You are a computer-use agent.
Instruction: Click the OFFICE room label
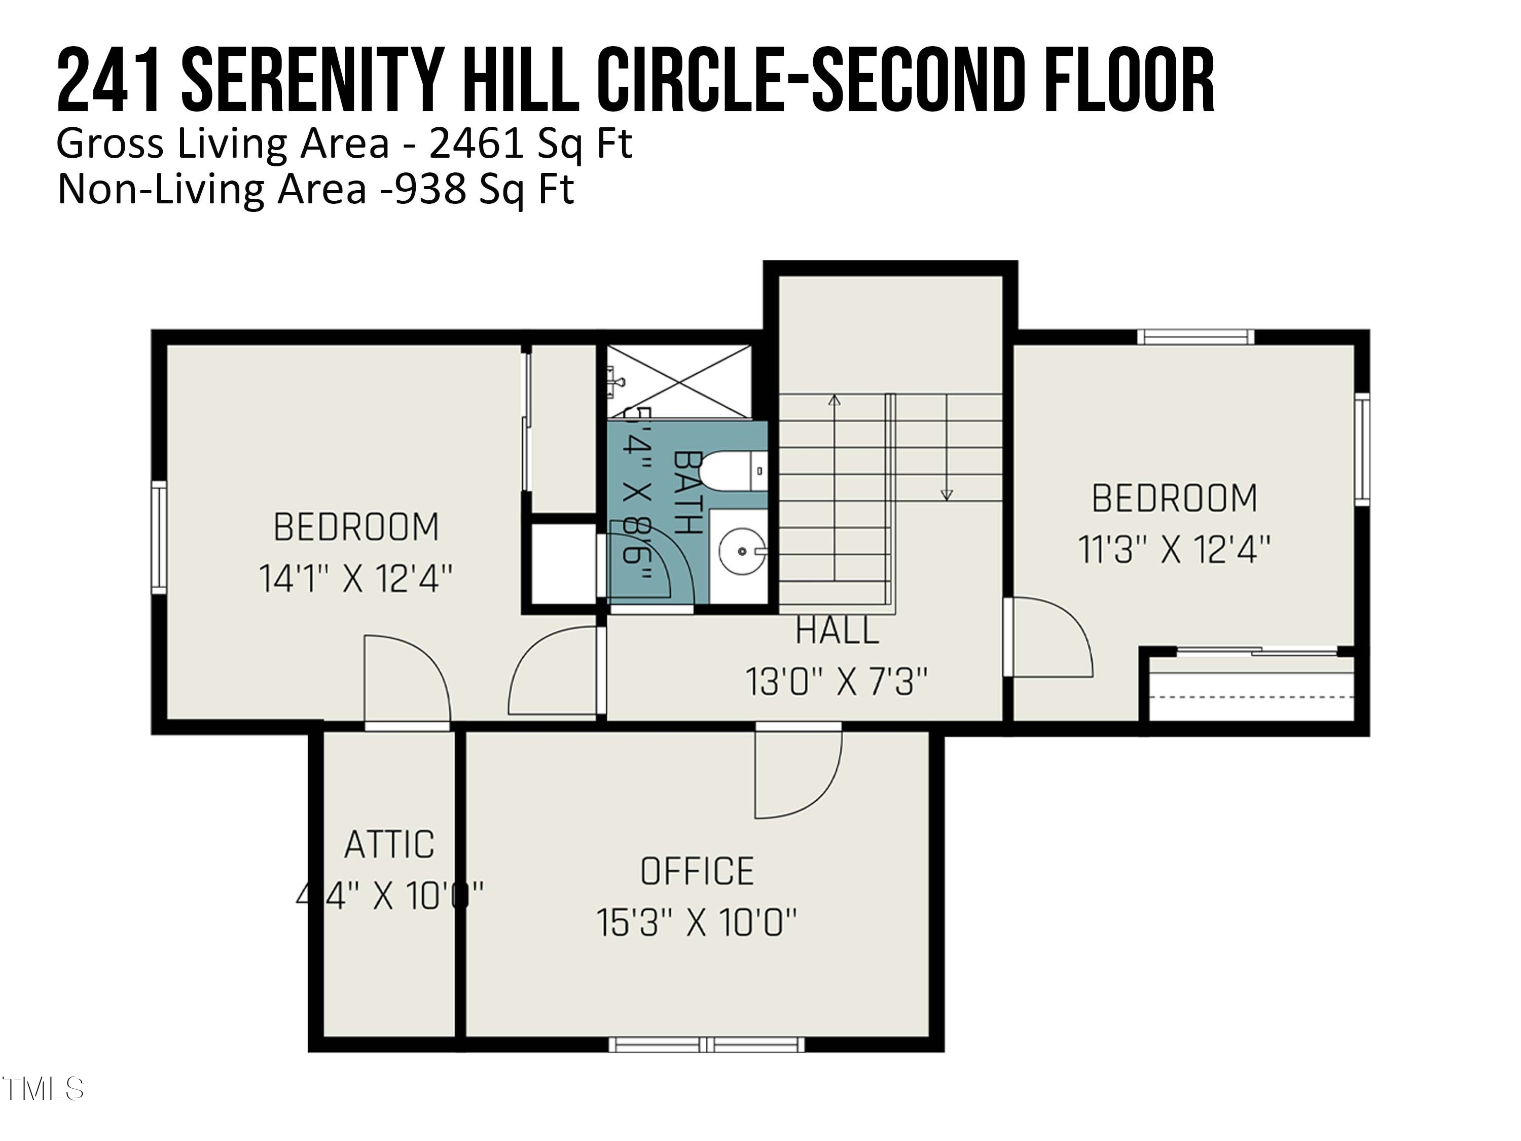[697, 871]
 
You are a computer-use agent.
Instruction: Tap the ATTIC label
[389, 844]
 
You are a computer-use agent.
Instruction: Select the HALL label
[837, 631]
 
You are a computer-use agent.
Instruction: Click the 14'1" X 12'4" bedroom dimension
[355, 579]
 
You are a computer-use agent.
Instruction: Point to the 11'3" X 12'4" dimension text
[1174, 550]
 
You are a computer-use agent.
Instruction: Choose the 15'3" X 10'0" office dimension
[697, 923]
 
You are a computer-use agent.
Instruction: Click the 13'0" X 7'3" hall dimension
[837, 682]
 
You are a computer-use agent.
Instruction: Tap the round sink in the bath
[742, 551]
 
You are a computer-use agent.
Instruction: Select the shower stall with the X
[679, 382]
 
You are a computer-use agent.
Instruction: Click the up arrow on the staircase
[834, 400]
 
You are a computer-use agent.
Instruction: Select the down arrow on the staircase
[947, 494]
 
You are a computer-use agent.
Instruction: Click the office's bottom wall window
[706, 1045]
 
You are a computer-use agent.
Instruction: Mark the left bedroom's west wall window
[159, 537]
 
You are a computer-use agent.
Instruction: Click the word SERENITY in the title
[309, 81]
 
